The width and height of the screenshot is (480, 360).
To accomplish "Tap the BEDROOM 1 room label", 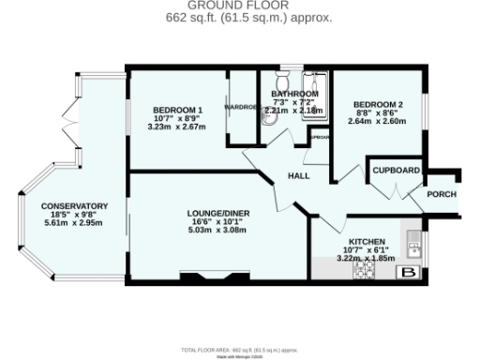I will pyautogui.click(x=177, y=110).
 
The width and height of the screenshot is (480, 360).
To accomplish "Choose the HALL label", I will pyautogui.click(x=298, y=175).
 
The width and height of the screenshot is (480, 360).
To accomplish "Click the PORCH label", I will pyautogui.click(x=441, y=194).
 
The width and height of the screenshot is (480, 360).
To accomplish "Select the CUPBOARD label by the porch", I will pyautogui.click(x=396, y=171).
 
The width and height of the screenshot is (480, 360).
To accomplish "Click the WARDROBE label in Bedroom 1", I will pyautogui.click(x=240, y=106).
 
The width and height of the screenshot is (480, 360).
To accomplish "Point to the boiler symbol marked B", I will pyautogui.click(x=408, y=272).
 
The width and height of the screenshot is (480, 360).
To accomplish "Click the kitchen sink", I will pyautogui.click(x=413, y=243).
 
